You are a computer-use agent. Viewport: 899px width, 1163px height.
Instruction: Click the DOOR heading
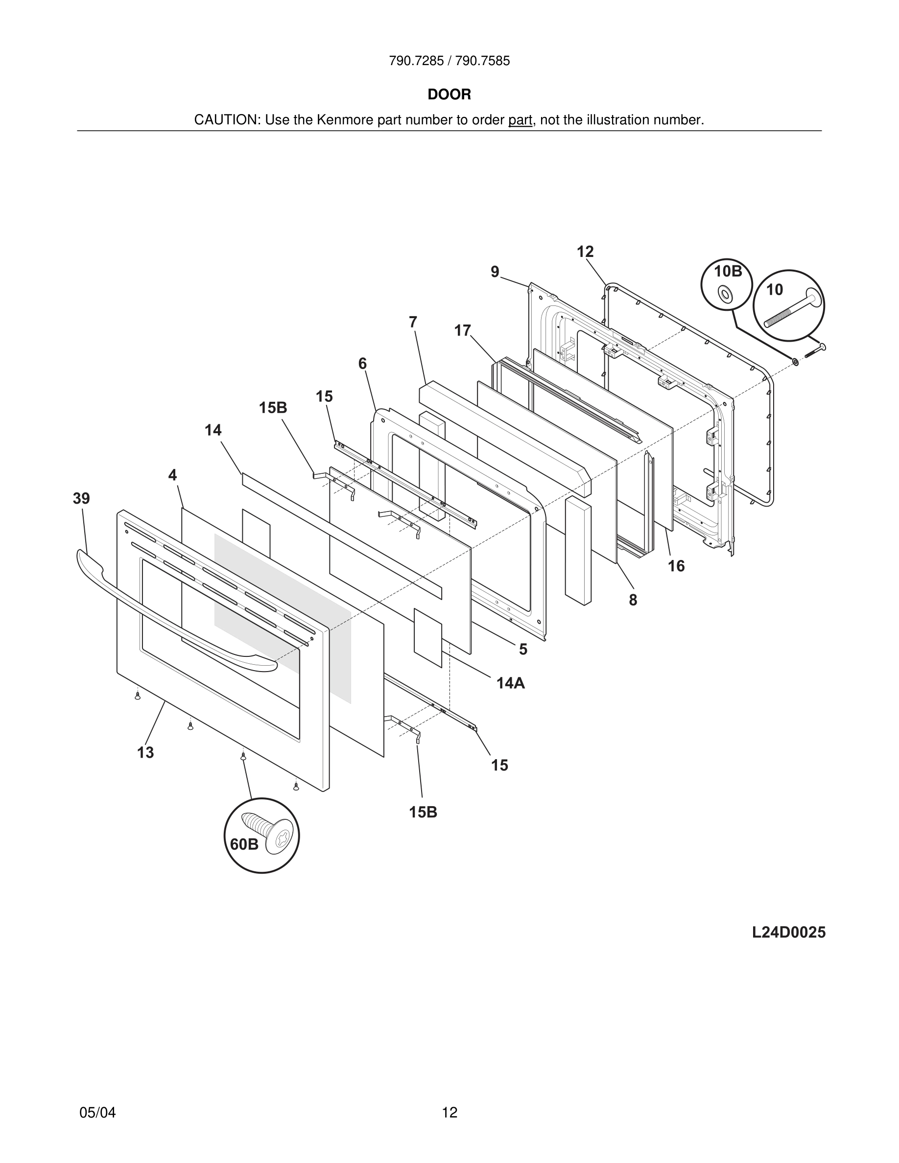click(x=449, y=95)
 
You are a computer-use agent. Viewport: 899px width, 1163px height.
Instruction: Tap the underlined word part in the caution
click(x=520, y=120)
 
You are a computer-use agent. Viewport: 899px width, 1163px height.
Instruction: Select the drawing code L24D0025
click(x=788, y=932)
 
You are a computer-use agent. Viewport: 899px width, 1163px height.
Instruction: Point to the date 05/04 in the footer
click(x=97, y=1113)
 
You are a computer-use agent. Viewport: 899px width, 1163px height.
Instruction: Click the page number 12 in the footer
click(x=449, y=1113)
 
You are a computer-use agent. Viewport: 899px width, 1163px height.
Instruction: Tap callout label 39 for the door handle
click(x=81, y=499)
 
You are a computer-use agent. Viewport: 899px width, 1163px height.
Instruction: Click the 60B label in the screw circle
click(x=244, y=844)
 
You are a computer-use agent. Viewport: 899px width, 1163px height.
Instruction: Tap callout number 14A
click(x=510, y=683)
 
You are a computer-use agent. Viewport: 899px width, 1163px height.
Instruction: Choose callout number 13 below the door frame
click(x=145, y=752)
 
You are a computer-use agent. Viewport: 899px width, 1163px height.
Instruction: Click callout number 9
click(x=495, y=272)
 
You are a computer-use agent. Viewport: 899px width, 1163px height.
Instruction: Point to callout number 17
click(x=462, y=331)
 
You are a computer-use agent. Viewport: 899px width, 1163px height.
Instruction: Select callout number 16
click(x=676, y=566)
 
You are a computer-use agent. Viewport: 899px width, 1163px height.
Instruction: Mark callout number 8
click(x=633, y=600)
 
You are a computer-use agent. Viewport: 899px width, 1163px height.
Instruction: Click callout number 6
click(x=362, y=364)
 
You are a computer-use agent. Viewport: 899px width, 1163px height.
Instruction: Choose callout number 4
click(x=172, y=475)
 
